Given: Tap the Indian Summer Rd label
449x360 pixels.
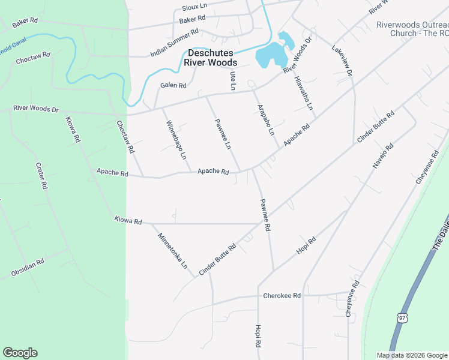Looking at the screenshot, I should pos(174,43).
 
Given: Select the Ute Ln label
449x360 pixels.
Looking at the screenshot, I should pos(233,81).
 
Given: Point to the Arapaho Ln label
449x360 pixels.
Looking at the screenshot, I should pos(265,119).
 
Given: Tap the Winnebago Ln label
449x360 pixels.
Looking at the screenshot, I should pos(176,140).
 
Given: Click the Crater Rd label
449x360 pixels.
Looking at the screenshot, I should pos(41,176).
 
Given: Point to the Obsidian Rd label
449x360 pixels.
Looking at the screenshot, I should pos(28,268).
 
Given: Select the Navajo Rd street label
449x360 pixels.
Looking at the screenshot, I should pos(382,155).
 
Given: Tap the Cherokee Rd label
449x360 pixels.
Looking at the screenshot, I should pos(282,296).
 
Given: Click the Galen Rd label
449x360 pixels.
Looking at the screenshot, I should pos(173,85).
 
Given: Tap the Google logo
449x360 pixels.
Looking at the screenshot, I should pos(20,353).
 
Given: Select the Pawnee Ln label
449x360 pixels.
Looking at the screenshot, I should pos(223,134).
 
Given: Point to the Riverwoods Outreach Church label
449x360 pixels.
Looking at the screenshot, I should pos(412,29).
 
